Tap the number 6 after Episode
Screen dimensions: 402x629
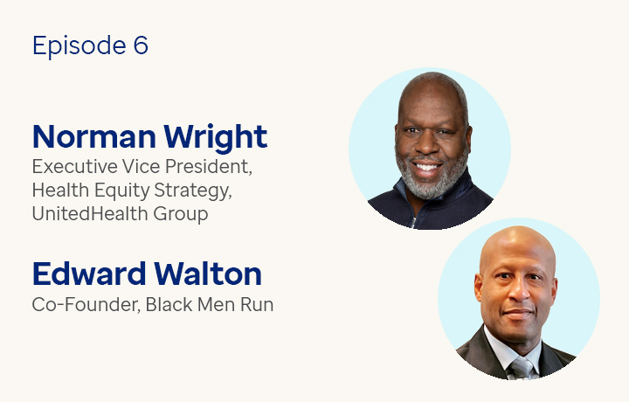tap(141, 45)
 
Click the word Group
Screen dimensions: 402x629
tap(181, 214)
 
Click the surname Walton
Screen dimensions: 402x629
tap(212, 274)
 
